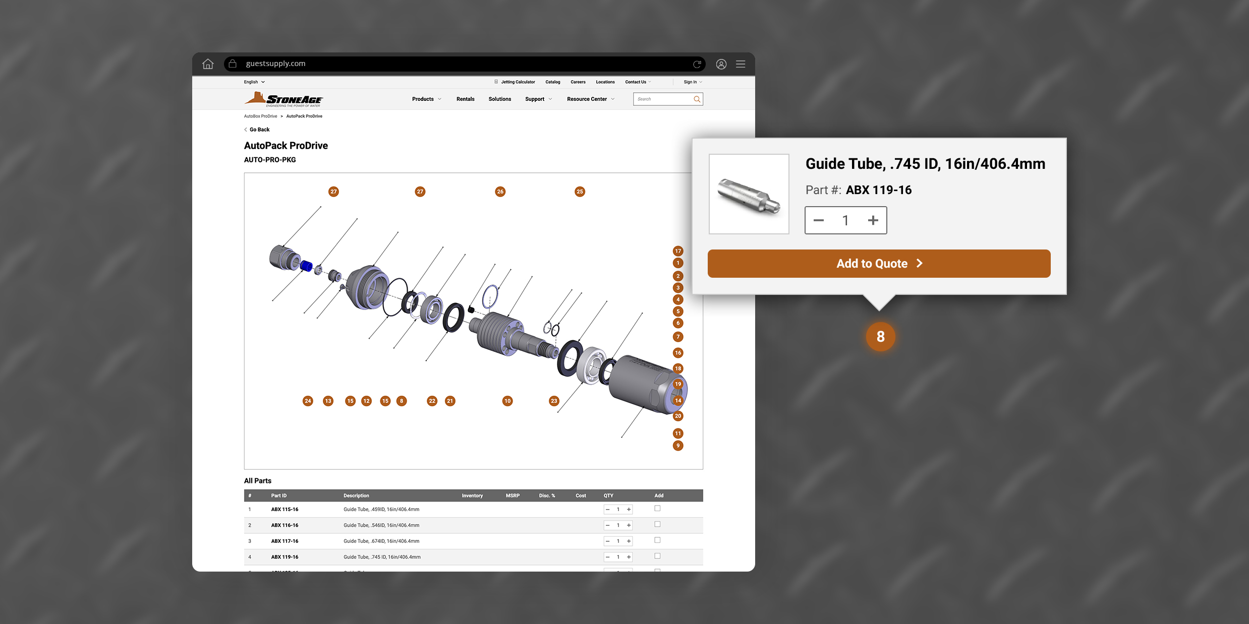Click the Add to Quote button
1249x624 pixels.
pos(879,264)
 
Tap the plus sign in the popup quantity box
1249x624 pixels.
pos(873,220)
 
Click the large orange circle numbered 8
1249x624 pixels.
pos(881,337)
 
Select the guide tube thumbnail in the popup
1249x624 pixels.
pos(749,194)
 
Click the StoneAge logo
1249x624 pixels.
pos(284,99)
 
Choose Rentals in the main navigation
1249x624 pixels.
pos(466,99)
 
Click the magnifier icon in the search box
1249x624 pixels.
pos(697,99)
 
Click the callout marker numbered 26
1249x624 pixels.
pos(500,192)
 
